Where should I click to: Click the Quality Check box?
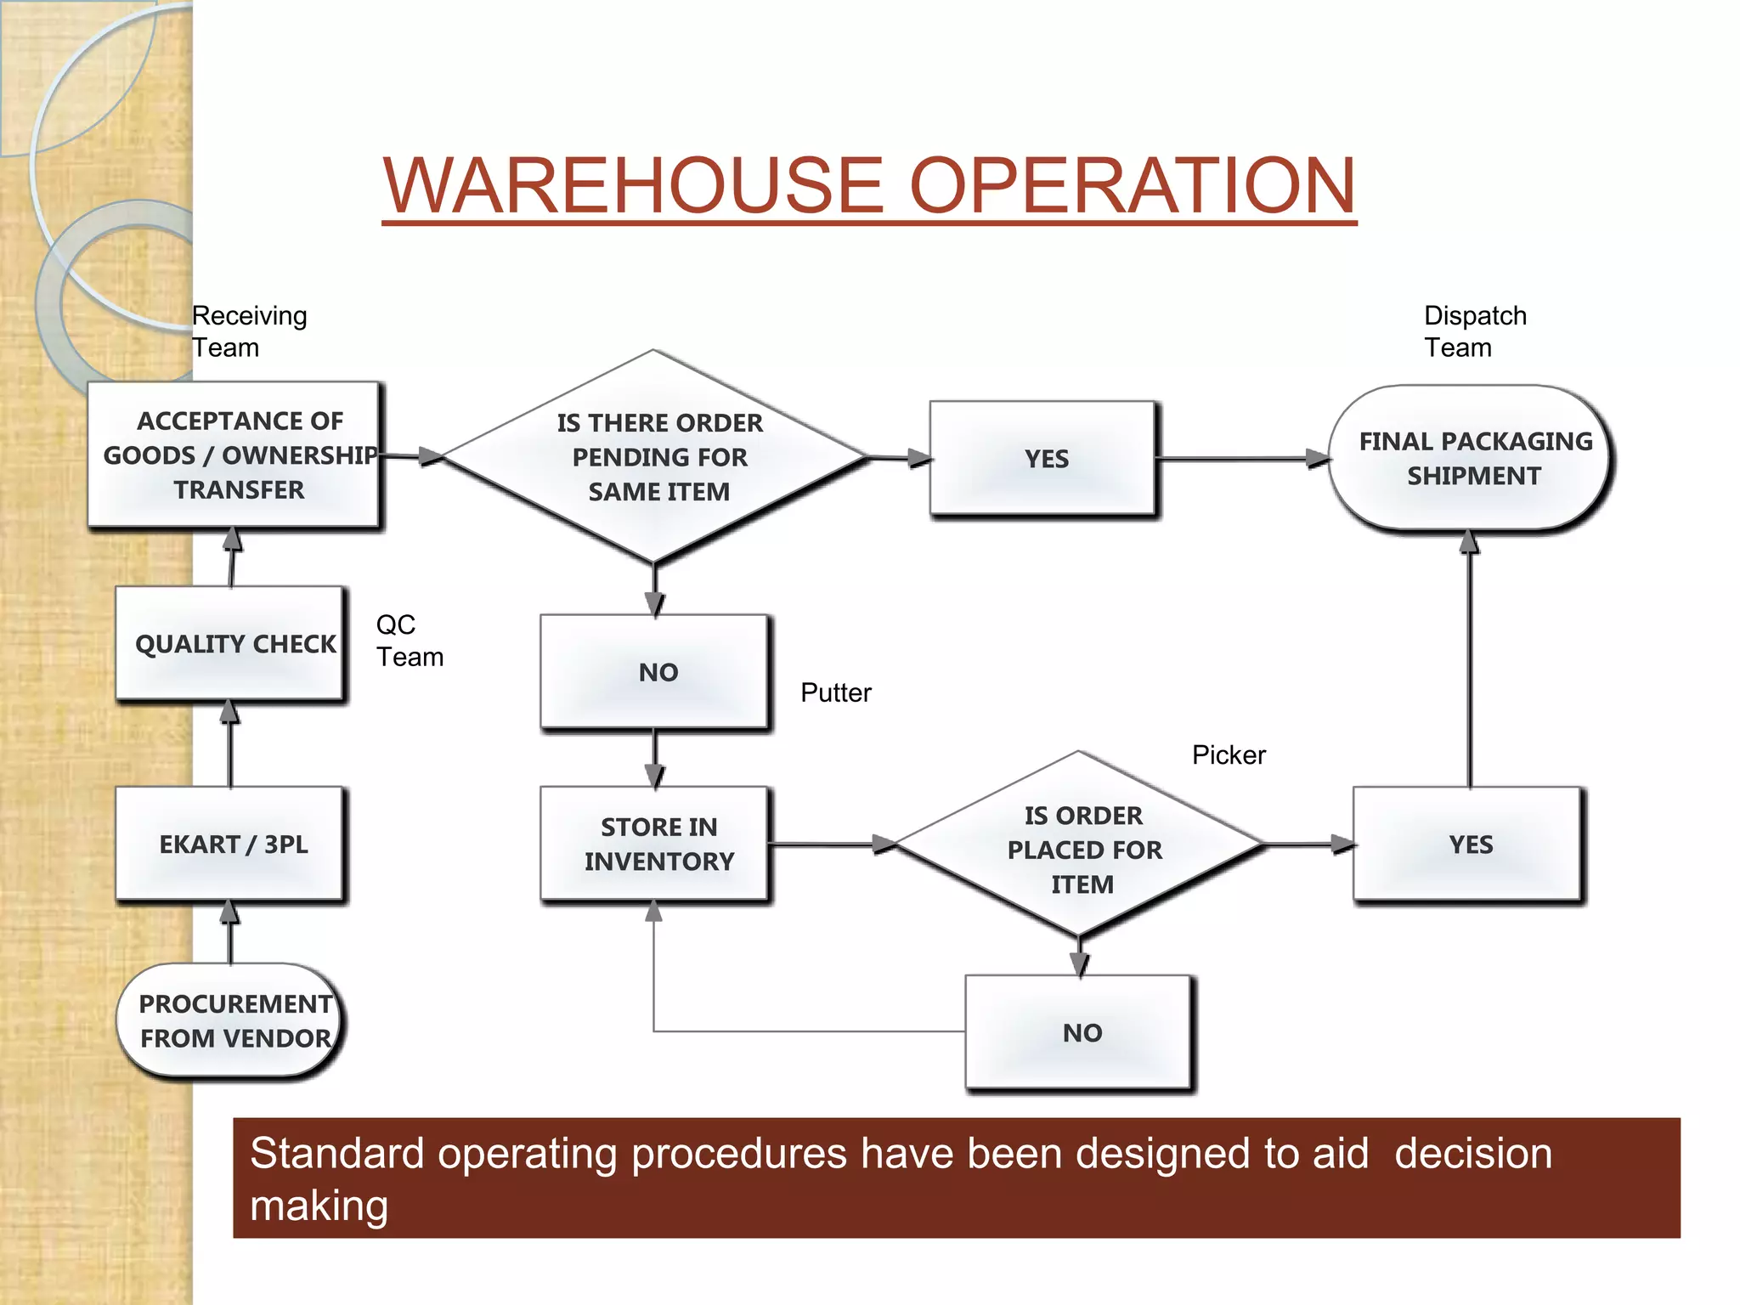coord(231,643)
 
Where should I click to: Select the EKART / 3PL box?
coord(231,844)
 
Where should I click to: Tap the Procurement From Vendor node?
coord(231,1020)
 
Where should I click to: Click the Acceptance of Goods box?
coord(234,455)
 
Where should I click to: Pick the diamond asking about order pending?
coord(655,457)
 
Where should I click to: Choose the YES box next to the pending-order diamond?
coord(1043,459)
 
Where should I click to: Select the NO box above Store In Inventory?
coord(655,672)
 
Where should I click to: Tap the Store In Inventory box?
coord(655,844)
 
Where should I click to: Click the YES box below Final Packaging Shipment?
coord(1468,844)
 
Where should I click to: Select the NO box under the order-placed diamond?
coord(1080,1032)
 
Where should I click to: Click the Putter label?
coord(835,692)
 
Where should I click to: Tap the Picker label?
coord(1228,754)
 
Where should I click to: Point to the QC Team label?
coord(409,641)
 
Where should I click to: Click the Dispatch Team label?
coord(1474,331)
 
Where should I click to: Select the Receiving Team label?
coord(248,331)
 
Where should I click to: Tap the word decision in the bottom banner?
coord(1472,1154)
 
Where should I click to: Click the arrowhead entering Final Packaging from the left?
coord(1318,459)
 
